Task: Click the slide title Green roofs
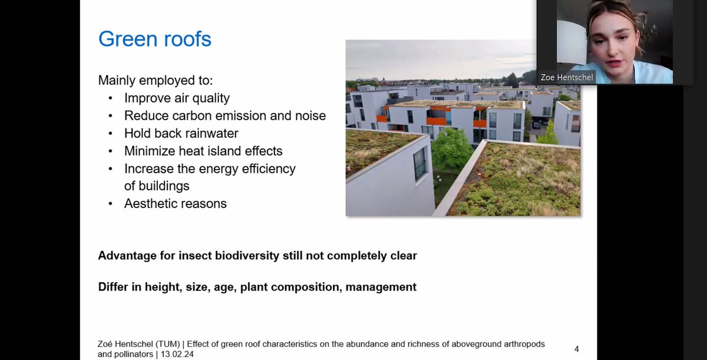[x=154, y=39]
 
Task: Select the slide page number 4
[x=577, y=349]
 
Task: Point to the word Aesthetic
[x=151, y=204]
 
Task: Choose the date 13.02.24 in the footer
[x=174, y=355]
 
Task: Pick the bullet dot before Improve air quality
[x=111, y=98]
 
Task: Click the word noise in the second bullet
[x=310, y=115]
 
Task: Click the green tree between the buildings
[x=452, y=149]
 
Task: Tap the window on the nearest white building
[x=419, y=163]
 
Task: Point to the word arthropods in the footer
[x=519, y=344]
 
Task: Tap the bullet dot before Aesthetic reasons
[x=111, y=204]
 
